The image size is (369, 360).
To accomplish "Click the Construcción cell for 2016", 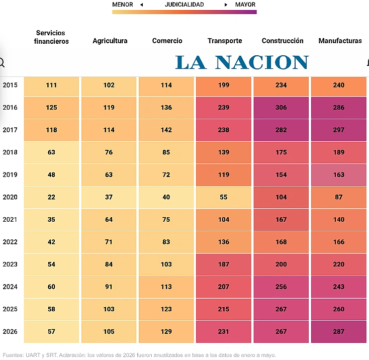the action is (281, 108).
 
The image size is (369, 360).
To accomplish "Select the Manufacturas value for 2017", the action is (339, 130).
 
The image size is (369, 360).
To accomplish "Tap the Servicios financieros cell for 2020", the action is (51, 197).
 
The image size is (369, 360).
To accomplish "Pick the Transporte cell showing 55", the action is (224, 197).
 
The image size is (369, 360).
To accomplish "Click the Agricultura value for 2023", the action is (109, 264).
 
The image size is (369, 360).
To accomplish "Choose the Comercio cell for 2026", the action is (166, 332).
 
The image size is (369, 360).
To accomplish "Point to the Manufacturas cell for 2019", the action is (339, 175).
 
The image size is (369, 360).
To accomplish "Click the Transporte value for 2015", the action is (224, 85).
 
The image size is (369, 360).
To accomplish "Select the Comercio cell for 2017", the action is (166, 130).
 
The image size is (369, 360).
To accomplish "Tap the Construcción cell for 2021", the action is (281, 220).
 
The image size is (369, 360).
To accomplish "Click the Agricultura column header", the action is (110, 41).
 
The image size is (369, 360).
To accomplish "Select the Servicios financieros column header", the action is (51, 37).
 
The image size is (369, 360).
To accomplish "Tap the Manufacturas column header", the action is (340, 41).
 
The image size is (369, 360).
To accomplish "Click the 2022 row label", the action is (10, 242).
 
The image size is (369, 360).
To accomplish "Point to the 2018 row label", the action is (10, 152).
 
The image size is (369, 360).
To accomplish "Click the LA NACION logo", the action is (242, 62).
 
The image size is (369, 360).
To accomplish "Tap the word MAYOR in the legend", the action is (245, 5).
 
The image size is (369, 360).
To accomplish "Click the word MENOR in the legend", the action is (123, 5).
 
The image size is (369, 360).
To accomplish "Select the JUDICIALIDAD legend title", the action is (185, 5).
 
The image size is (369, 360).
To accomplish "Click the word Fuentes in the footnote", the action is (13, 355).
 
